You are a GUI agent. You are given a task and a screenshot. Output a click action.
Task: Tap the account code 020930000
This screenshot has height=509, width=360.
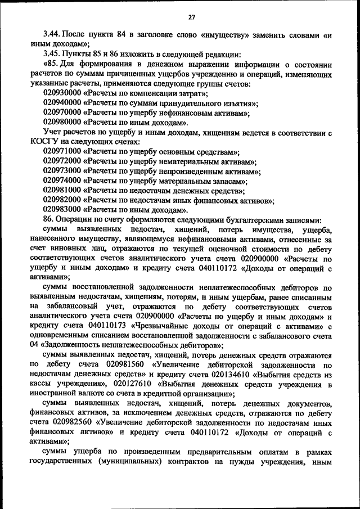pos(62,94)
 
